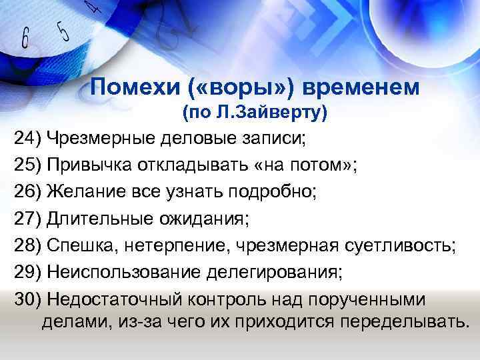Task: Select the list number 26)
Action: point(28,193)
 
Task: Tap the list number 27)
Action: point(28,220)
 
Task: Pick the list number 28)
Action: point(28,247)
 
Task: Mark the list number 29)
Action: point(28,274)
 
